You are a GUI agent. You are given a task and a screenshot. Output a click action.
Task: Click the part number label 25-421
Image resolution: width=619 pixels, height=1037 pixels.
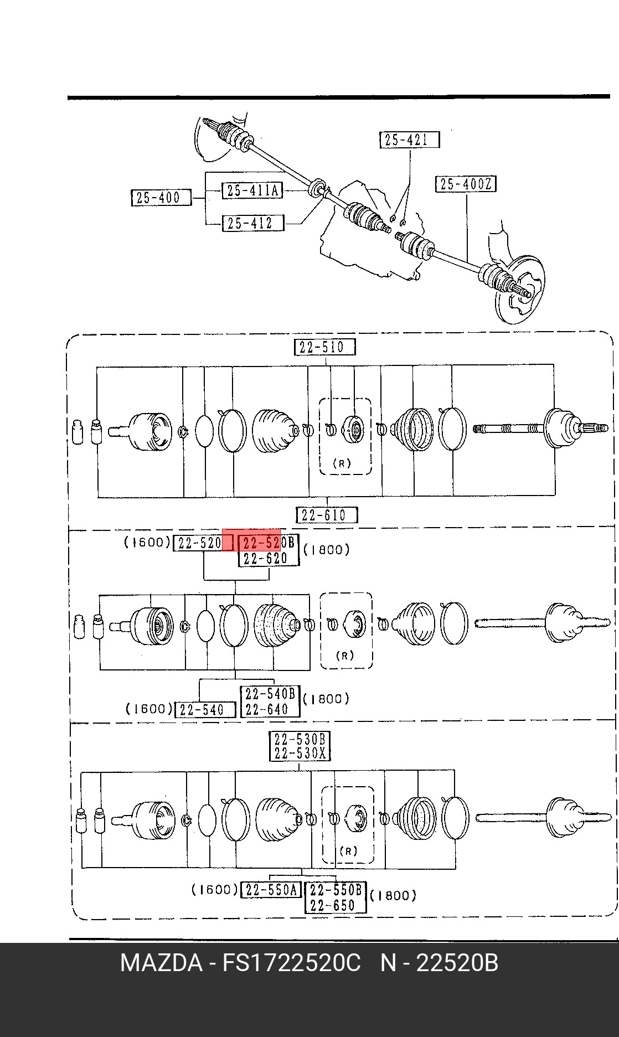click(x=410, y=140)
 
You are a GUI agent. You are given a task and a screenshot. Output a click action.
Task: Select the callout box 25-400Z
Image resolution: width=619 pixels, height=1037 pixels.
click(x=466, y=184)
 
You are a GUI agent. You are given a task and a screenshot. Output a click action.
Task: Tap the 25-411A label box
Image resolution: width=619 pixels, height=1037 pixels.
click(x=252, y=190)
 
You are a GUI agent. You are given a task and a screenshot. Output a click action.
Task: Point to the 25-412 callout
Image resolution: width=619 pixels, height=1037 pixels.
click(x=252, y=223)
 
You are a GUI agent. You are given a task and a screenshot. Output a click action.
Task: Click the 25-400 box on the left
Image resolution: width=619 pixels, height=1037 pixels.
click(x=161, y=198)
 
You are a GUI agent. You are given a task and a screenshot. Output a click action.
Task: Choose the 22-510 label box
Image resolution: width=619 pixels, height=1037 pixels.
click(x=324, y=347)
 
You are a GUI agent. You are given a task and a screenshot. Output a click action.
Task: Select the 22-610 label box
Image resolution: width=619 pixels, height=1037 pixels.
click(x=327, y=515)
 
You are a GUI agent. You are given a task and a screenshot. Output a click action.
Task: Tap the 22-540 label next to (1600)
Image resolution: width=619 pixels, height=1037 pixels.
click(x=205, y=709)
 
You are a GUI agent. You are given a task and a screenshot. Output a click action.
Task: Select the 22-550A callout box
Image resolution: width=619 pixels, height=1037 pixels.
click(x=271, y=890)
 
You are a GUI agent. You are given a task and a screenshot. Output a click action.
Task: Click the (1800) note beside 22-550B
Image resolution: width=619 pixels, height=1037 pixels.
click(x=393, y=895)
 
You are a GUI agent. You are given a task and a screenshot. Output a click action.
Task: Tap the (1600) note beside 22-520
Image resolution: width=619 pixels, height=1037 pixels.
click(x=147, y=543)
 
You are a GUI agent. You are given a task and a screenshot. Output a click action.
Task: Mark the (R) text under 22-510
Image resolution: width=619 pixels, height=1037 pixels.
click(x=342, y=463)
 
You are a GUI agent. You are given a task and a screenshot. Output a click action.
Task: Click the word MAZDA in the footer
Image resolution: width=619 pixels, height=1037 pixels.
click(x=162, y=963)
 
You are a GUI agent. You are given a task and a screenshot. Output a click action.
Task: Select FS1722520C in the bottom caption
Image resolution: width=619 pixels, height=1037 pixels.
click(x=292, y=963)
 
